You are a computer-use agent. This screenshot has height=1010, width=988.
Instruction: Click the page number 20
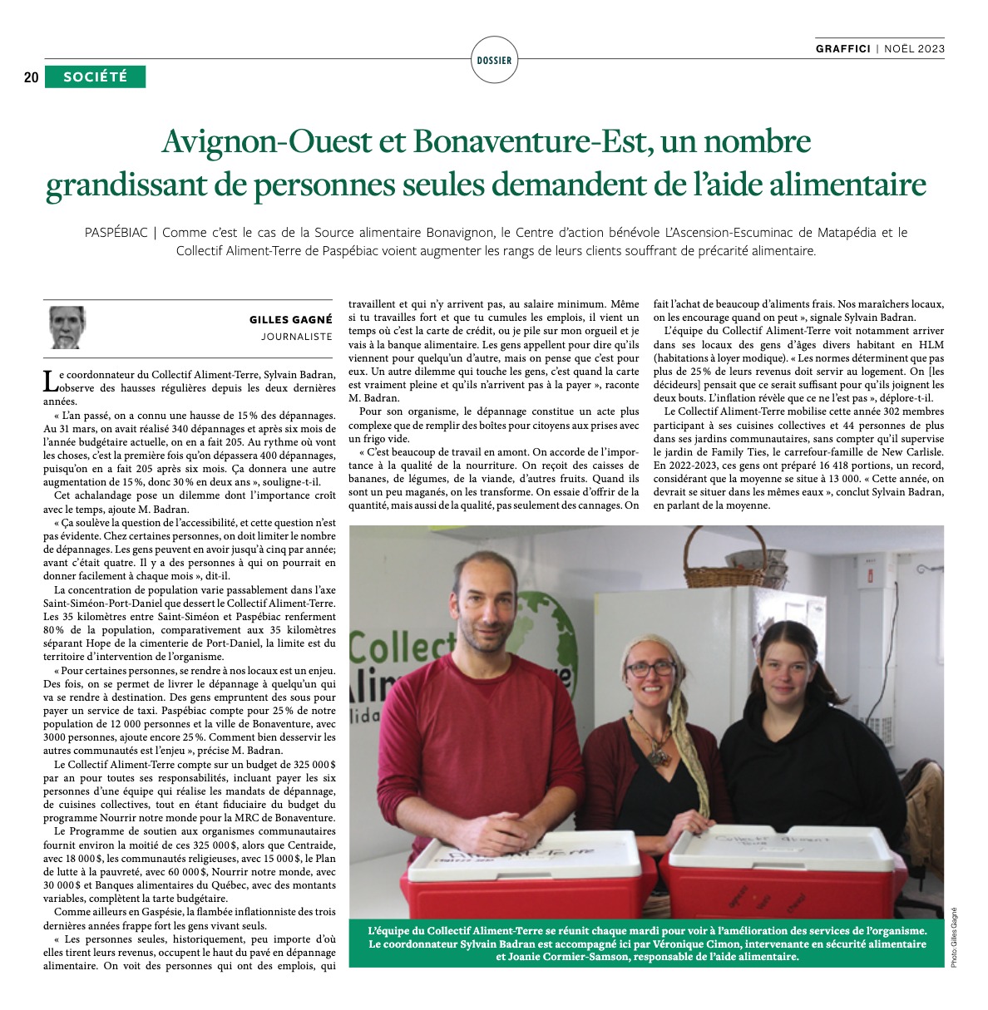tap(31, 77)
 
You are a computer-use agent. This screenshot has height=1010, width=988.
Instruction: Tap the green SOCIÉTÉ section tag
tap(96, 77)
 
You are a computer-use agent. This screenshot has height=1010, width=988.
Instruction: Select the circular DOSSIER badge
tap(494, 60)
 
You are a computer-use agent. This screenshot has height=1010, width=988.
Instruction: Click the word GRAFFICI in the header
tap(842, 48)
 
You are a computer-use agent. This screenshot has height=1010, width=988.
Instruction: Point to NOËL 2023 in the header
tap(914, 48)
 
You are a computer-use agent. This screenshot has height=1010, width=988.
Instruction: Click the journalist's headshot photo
tap(67, 328)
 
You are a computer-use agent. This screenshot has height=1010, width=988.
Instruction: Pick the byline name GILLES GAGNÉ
tap(290, 319)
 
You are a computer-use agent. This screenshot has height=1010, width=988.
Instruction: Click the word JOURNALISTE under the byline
tap(296, 337)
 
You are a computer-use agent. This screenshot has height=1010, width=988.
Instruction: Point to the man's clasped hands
tap(500, 830)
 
